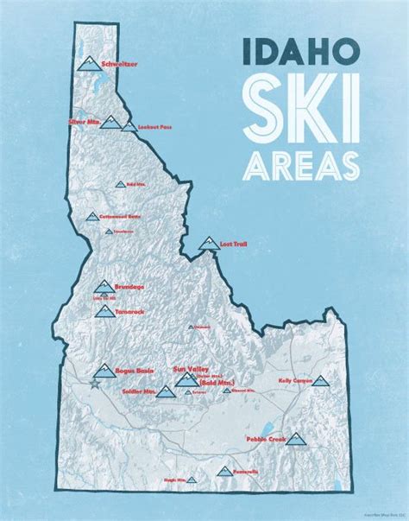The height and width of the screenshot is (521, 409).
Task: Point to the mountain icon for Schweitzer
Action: [x=86, y=63]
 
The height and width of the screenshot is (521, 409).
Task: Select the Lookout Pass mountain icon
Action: [x=129, y=127]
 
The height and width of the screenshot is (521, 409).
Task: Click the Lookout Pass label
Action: [x=160, y=127]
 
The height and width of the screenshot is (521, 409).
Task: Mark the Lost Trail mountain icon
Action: [x=207, y=244]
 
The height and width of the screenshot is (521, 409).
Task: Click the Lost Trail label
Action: [x=235, y=245]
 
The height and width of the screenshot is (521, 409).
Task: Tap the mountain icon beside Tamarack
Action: [x=105, y=311]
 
